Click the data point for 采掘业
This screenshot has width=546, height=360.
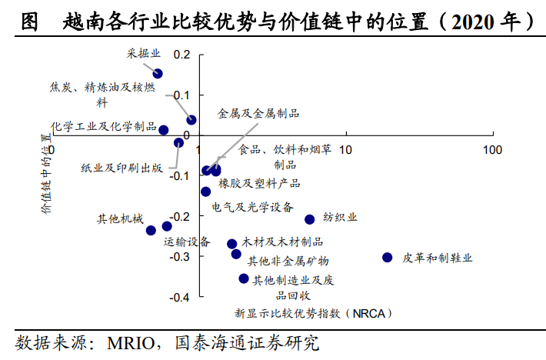(x=158, y=74)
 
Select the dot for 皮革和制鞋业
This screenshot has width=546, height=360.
(x=388, y=258)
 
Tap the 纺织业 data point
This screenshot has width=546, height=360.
(x=310, y=220)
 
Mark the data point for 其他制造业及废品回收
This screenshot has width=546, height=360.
(x=244, y=278)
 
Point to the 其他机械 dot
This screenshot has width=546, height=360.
(x=151, y=230)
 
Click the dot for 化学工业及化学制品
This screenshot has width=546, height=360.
(x=163, y=130)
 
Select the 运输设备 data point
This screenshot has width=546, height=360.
(x=167, y=226)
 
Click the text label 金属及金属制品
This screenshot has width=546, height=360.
(x=258, y=113)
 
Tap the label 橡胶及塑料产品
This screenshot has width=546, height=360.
(x=259, y=184)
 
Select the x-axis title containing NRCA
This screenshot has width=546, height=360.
(x=314, y=314)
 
